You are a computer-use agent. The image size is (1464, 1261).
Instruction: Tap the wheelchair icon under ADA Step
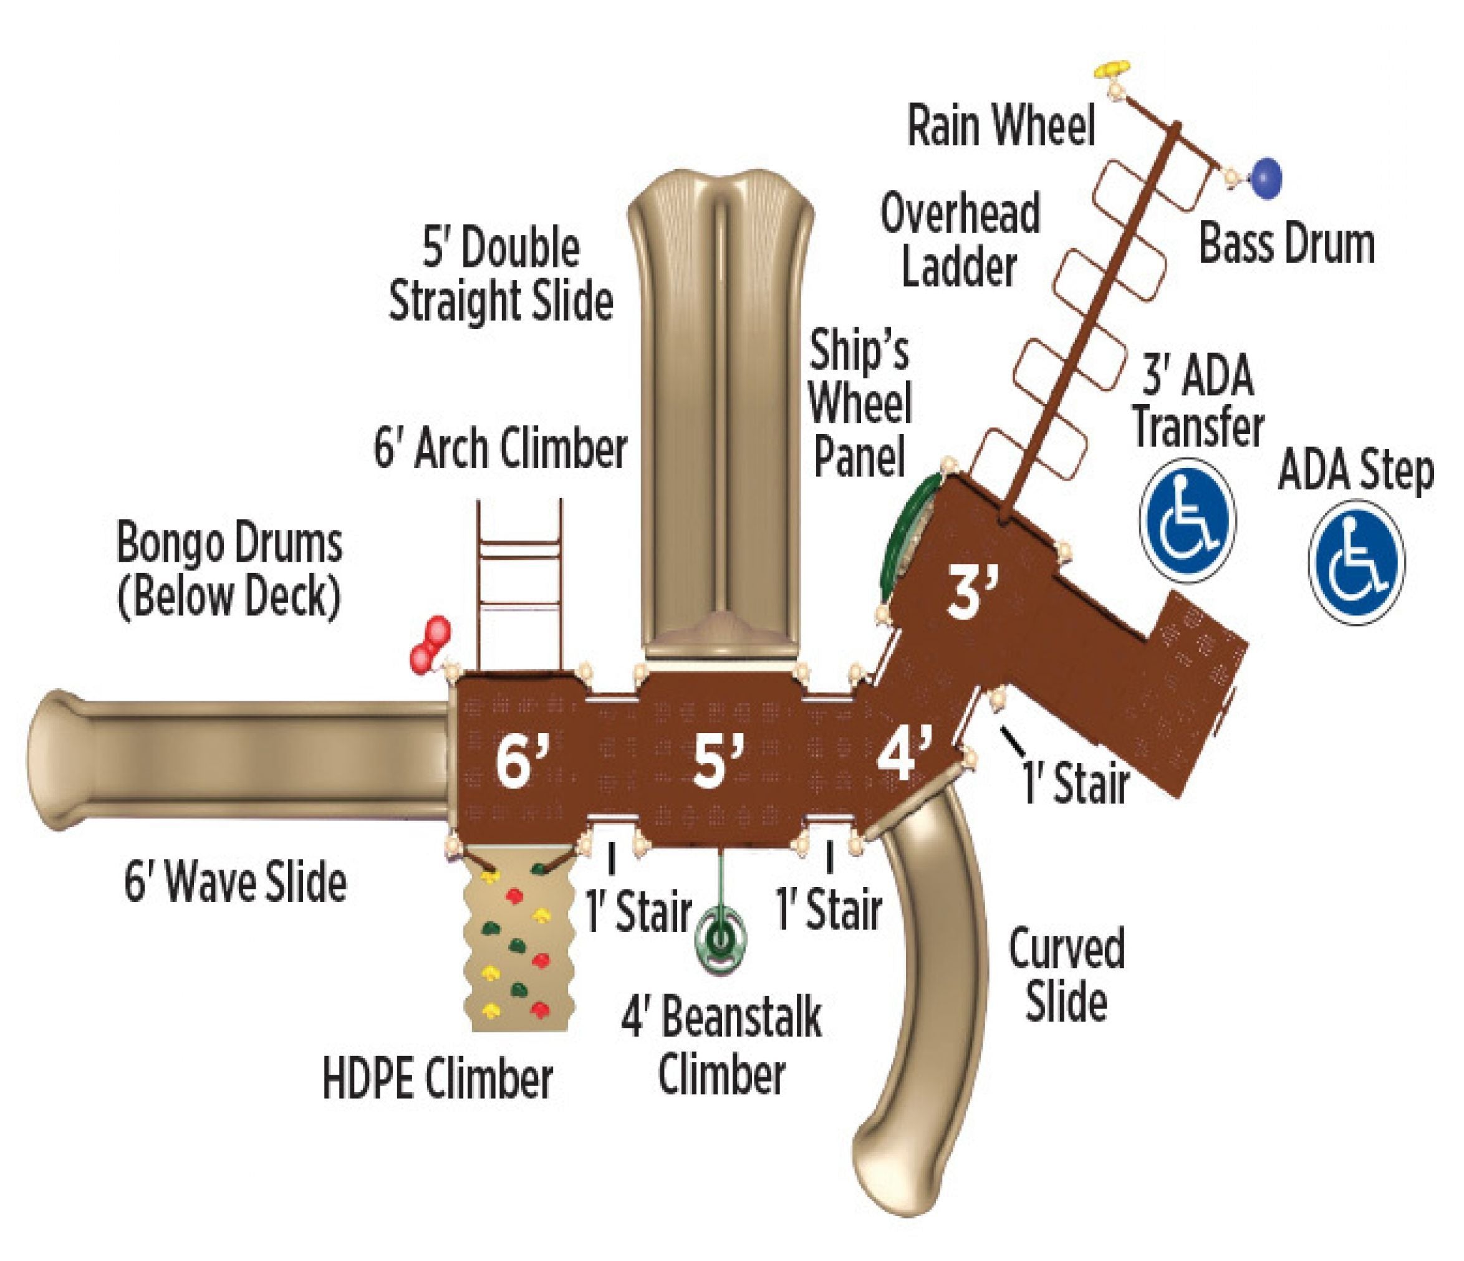coord(1356,562)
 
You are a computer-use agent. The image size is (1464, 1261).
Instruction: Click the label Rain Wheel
coord(1001,126)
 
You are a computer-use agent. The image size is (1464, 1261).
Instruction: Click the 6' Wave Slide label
coord(235,881)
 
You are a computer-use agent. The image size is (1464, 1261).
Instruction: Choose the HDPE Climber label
coord(437,1079)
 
